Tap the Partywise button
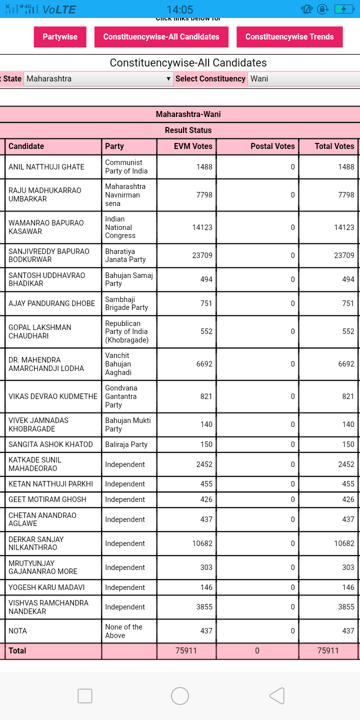click(60, 37)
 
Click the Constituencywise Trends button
click(289, 37)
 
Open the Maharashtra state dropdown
click(98, 79)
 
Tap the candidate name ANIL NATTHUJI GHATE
click(46, 167)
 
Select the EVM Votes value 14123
click(202, 227)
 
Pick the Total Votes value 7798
click(346, 195)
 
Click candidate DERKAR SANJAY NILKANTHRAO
click(36, 543)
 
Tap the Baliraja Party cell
click(126, 444)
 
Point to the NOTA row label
click(18, 631)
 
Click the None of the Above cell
click(123, 631)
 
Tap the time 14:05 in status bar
click(179, 9)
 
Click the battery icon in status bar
click(343, 9)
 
